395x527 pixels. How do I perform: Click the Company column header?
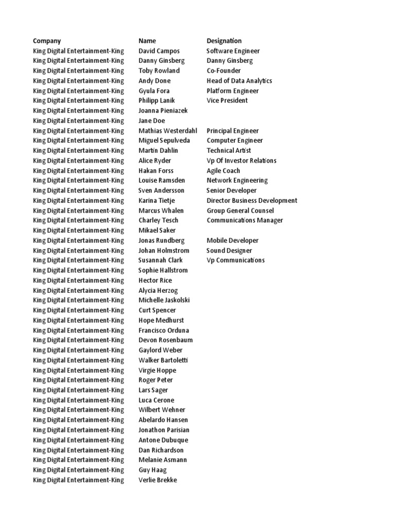(47, 41)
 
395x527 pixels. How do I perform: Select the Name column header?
(147, 41)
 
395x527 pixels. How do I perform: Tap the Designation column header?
(224, 41)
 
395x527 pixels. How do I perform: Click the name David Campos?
(159, 51)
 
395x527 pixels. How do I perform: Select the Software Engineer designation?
(233, 51)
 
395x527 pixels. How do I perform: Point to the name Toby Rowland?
(159, 71)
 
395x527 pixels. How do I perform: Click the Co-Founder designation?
(223, 71)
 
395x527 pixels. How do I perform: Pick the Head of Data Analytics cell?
(239, 81)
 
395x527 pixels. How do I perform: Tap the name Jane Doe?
(152, 120)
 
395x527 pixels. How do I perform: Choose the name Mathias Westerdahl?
(168, 131)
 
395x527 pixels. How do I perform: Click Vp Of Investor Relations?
(241, 161)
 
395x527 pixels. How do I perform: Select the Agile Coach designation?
(223, 170)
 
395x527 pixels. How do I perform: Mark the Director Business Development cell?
(252, 201)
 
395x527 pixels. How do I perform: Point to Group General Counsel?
(240, 210)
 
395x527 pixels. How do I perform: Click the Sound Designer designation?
(229, 251)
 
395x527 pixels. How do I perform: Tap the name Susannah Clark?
(160, 260)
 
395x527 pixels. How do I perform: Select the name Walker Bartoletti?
(163, 360)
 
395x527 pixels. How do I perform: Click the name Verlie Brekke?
(157, 480)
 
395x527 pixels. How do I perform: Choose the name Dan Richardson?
(161, 450)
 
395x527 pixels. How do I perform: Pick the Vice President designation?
(227, 100)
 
